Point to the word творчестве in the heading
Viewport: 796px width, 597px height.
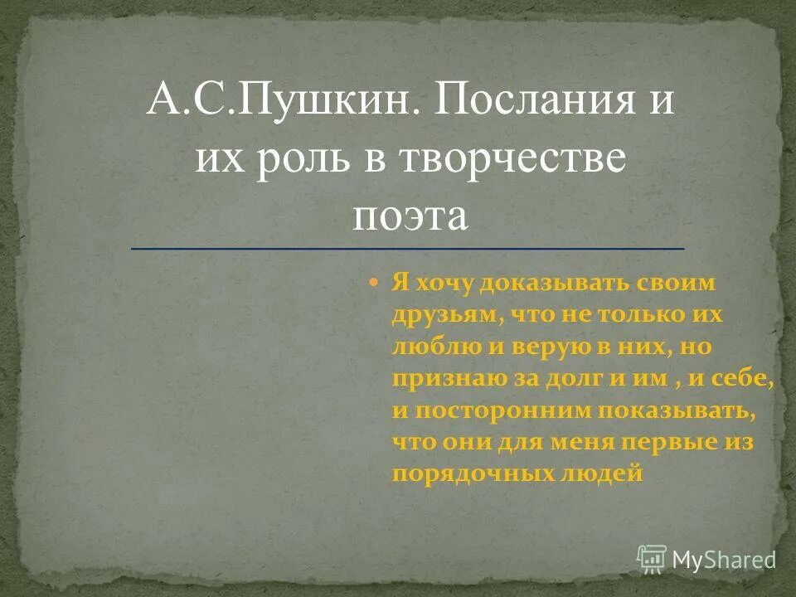(x=502, y=158)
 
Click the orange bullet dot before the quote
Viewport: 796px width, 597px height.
(x=374, y=284)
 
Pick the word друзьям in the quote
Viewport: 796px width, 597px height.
(x=443, y=315)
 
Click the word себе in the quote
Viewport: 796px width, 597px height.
(x=745, y=378)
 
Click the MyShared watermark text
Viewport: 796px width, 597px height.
(x=723, y=559)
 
